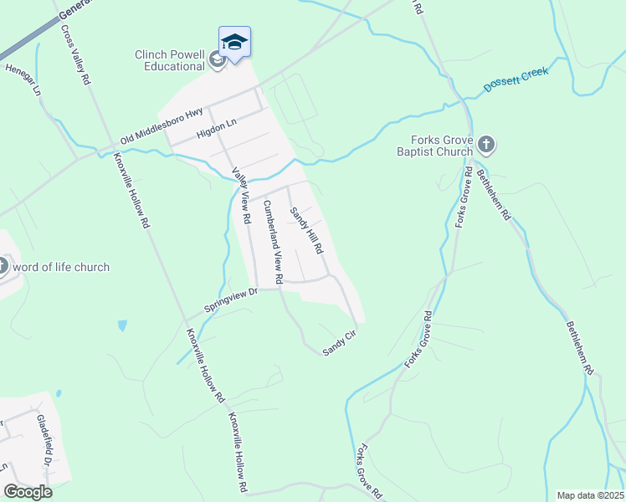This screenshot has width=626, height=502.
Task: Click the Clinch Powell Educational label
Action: click(170, 61)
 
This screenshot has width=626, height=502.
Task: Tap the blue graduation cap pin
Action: click(234, 42)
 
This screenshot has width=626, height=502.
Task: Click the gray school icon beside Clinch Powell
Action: click(217, 60)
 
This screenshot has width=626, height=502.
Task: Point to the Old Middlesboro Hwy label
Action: click(162, 125)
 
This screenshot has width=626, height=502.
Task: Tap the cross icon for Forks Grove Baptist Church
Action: click(486, 146)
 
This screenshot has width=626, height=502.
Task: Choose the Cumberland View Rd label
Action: click(273, 241)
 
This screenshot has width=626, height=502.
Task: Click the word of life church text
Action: click(61, 267)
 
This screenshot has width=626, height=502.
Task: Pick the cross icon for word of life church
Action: click(3, 267)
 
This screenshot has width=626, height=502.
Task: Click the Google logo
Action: click(28, 492)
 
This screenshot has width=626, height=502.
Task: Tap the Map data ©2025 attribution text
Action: click(590, 495)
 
